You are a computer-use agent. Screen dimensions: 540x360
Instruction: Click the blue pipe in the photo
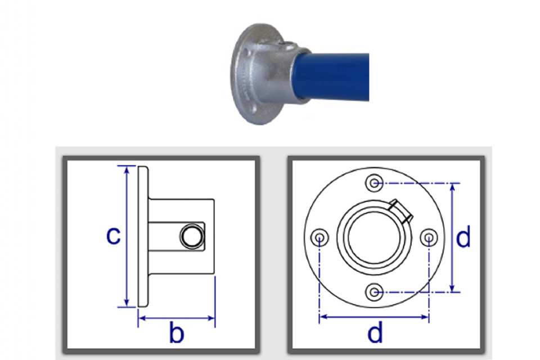pos(332,77)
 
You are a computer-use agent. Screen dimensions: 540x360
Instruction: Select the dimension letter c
pos(113,236)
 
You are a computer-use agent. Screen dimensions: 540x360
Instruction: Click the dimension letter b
pos(177,332)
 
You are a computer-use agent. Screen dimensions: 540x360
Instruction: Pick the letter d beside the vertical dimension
pos(463,237)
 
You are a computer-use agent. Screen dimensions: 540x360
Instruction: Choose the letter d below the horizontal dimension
pos(375,332)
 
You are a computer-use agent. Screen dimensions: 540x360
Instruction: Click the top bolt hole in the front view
pos(375,183)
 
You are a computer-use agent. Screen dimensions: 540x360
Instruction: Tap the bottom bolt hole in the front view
pos(375,292)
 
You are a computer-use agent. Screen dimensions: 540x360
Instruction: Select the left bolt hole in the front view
pos(319,238)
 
